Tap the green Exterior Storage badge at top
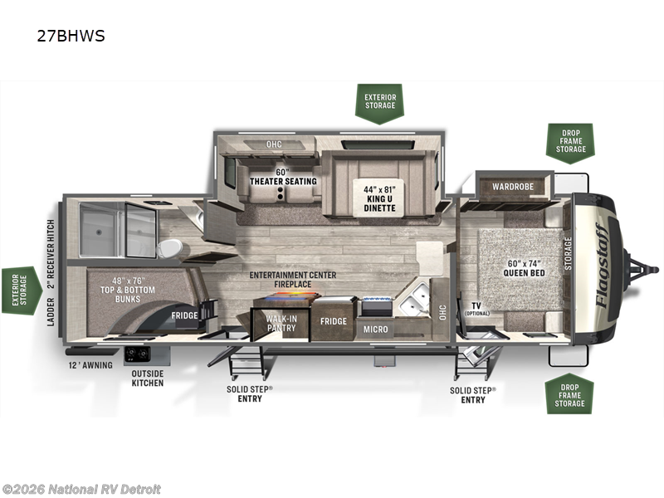click(380, 103)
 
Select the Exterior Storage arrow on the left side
click(20, 291)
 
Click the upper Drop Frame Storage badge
click(570, 142)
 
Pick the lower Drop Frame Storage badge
click(570, 393)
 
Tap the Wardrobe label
click(515, 186)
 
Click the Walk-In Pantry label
click(281, 324)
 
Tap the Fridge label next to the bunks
click(184, 315)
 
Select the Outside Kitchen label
click(148, 378)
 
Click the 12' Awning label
click(90, 365)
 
